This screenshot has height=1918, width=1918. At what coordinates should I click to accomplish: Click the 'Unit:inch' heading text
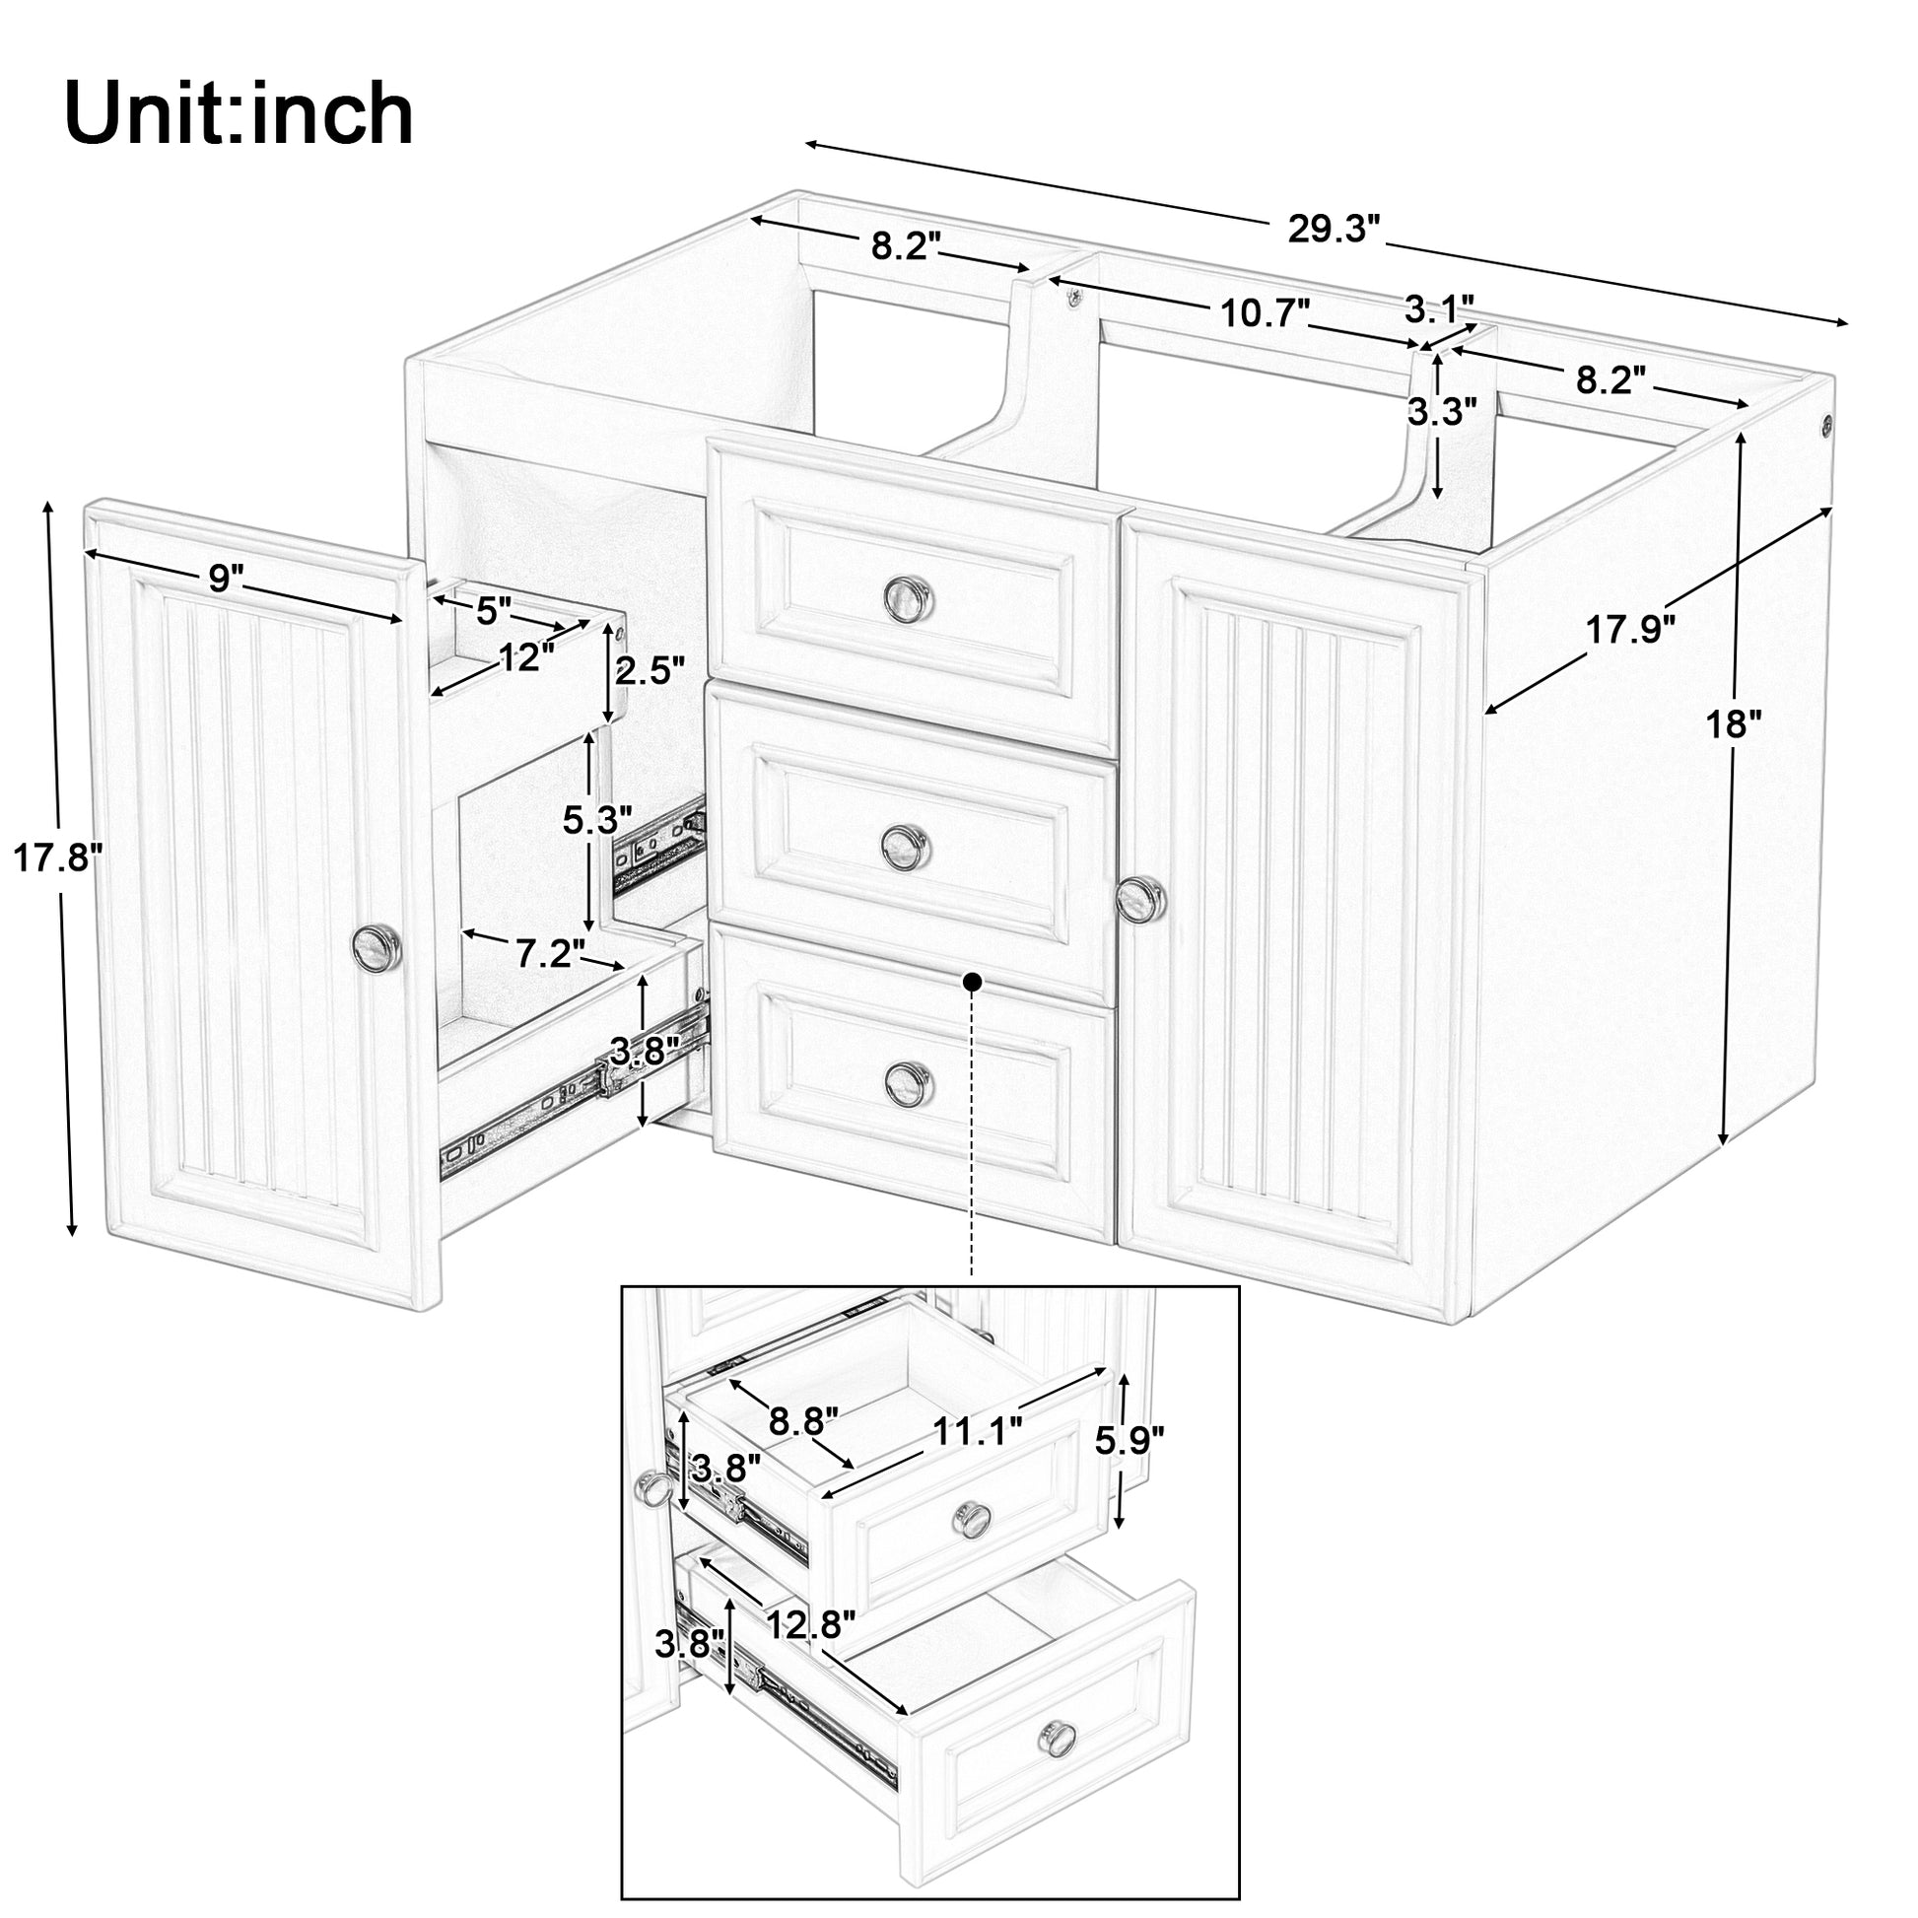(239, 115)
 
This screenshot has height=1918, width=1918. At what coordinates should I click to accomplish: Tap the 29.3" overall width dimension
(1335, 230)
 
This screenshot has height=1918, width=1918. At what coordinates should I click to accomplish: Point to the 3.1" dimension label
(1439, 308)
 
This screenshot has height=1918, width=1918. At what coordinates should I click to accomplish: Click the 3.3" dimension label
(1442, 411)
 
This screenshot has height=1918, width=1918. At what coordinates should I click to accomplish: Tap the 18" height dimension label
(1734, 724)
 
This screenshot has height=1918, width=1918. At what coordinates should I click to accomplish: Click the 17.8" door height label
(56, 856)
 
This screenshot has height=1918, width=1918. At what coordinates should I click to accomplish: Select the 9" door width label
(227, 577)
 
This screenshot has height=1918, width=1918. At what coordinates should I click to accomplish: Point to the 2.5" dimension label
(651, 672)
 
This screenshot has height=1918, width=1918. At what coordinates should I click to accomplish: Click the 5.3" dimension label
(596, 820)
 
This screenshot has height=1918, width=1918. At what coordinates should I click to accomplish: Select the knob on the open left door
(377, 944)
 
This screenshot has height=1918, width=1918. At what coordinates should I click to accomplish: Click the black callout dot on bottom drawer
(972, 981)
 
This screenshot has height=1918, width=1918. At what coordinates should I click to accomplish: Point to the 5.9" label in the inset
(1129, 1440)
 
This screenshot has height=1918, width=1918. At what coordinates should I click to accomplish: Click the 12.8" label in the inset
(810, 1625)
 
